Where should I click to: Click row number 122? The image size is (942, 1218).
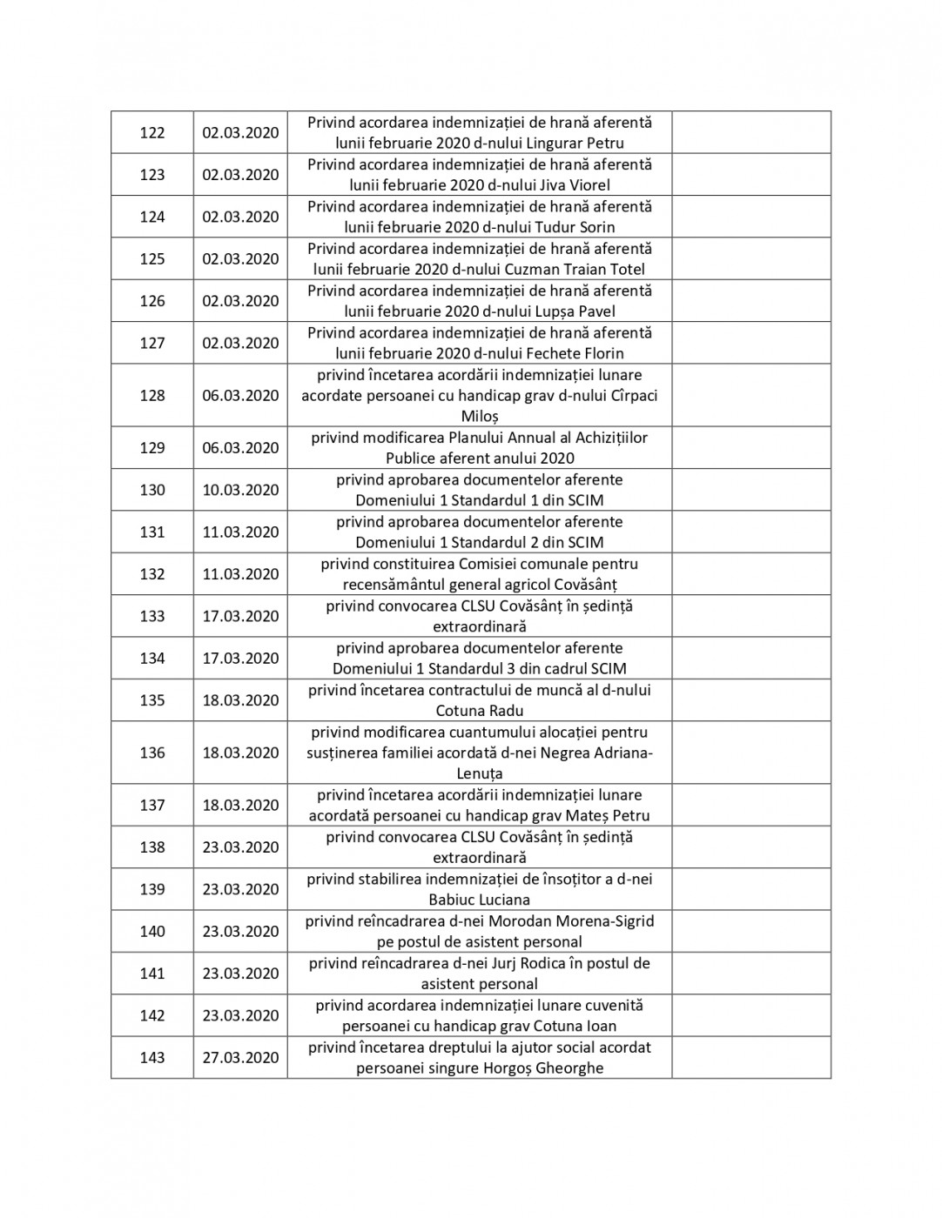click(x=152, y=132)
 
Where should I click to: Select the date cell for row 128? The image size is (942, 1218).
click(x=240, y=396)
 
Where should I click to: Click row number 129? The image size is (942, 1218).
click(x=152, y=448)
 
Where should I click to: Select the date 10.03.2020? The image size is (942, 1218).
click(x=240, y=490)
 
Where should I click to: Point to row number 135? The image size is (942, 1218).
click(x=152, y=700)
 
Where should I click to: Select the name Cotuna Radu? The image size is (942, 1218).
click(x=480, y=711)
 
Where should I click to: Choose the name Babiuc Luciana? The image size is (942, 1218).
click(x=480, y=900)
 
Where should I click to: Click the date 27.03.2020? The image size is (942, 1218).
click(x=240, y=1058)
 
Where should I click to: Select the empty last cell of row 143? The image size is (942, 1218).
click(x=750, y=1058)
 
